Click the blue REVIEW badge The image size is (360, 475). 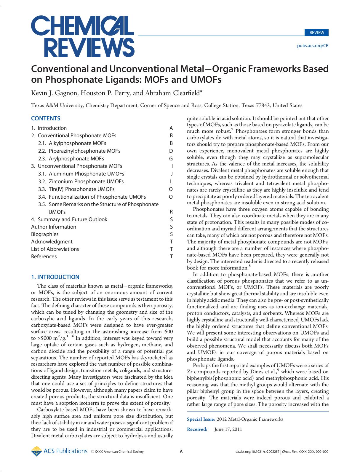317,33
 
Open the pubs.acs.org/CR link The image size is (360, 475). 313,46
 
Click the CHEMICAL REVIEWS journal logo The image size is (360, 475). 83,36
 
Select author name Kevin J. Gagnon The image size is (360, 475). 55,93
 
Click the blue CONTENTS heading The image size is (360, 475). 46,118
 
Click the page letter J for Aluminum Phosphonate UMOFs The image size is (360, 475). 171,174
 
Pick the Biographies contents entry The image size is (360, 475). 45,234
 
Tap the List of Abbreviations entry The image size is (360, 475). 55,249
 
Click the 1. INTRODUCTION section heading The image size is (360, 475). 55,277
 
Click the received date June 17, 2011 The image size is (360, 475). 228,429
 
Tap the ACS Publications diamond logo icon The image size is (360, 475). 36,451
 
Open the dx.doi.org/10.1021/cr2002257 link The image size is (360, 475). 257,452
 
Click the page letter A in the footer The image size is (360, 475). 181,452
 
